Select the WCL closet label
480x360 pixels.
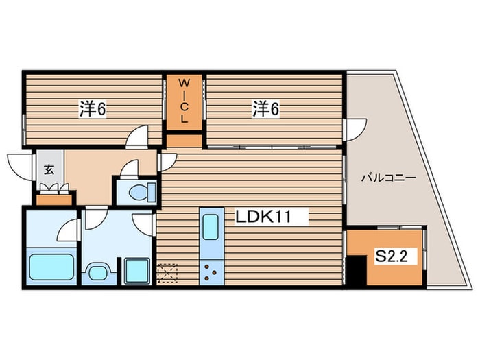click(184, 101)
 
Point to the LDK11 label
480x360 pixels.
click(264, 217)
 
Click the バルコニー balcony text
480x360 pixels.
click(389, 178)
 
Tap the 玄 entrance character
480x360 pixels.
click(49, 170)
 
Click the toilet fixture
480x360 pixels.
click(139, 191)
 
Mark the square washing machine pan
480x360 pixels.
click(138, 269)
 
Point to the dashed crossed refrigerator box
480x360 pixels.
click(167, 272)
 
